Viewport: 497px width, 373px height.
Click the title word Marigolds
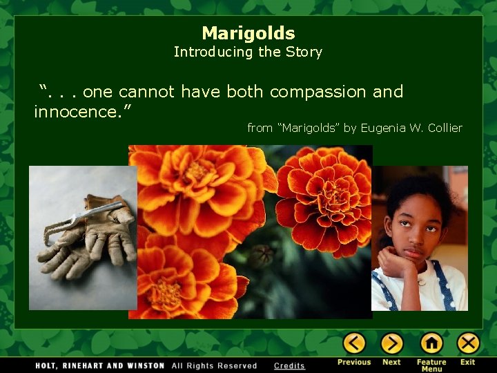click(x=248, y=33)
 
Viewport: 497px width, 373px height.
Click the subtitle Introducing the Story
click(x=248, y=52)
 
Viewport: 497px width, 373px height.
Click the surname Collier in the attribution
click(x=445, y=128)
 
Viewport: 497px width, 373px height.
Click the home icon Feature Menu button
click(x=431, y=343)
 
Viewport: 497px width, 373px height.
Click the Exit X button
click(x=468, y=343)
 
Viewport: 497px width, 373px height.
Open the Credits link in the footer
click(x=289, y=365)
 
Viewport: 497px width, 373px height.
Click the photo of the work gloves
click(x=83, y=238)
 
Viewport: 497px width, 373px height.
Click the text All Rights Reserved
click(x=214, y=365)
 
